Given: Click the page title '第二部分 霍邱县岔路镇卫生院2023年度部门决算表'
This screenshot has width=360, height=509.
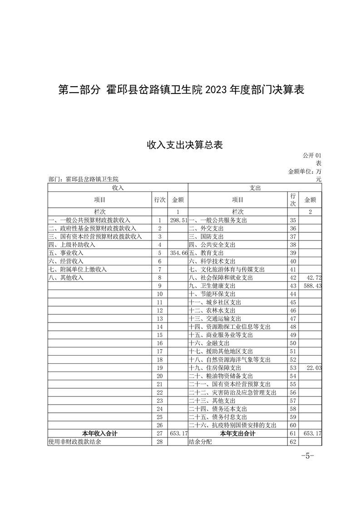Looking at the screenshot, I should tap(181, 90).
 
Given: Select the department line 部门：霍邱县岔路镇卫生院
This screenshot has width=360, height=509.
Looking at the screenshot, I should tap(83, 179).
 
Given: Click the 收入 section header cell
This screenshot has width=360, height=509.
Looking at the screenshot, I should tap(118, 187).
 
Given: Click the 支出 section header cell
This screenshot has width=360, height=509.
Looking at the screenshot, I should tap(255, 187).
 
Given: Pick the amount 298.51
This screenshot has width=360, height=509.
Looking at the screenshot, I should tap(178, 220).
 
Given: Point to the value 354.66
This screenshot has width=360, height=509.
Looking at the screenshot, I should tap(178, 253).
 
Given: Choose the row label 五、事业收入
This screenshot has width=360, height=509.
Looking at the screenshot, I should tap(66, 253).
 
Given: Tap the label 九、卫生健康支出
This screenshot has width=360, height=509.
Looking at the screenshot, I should tap(212, 286).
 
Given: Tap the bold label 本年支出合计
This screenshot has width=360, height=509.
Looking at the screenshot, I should tap(237, 434).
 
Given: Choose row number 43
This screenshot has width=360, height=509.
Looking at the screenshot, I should tap(292, 286).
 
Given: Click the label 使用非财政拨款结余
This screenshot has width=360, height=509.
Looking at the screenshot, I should tap(74, 442).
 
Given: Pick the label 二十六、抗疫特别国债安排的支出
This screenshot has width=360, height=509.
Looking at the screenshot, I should tap(232, 426).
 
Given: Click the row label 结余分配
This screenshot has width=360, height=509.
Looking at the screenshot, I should tap(200, 442).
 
